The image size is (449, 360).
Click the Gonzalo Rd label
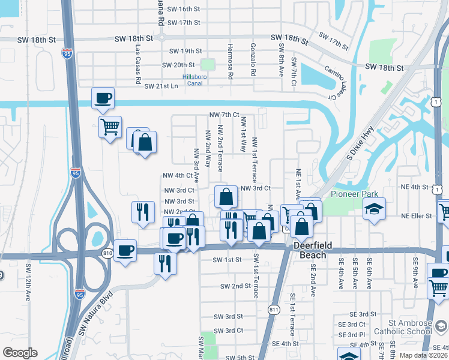[x=254, y=59]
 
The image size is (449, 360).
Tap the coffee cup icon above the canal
[x=103, y=97]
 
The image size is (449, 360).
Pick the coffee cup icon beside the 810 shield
[x=125, y=250]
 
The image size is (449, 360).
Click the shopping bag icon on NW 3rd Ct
[x=226, y=196]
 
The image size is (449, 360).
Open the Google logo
[x=20, y=352]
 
